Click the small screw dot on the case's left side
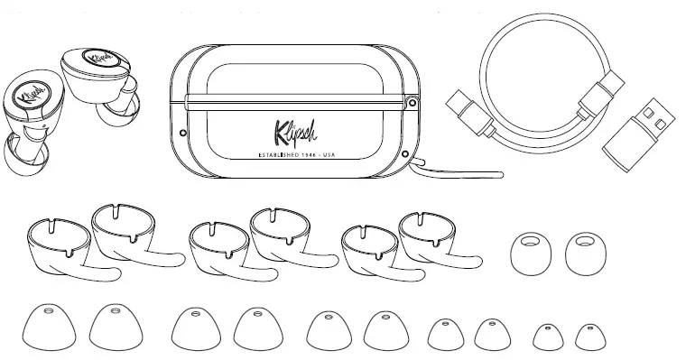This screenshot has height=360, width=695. (x=182, y=133)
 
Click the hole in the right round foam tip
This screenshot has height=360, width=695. (x=588, y=241)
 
